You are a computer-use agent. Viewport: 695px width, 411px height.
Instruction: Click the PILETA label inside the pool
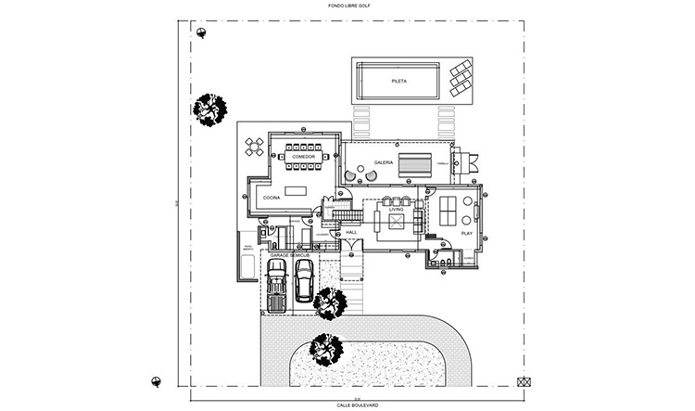coord(399,82)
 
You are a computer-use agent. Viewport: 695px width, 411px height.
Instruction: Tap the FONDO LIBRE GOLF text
coord(347,6)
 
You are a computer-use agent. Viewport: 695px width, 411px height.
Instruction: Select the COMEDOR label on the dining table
coord(304,157)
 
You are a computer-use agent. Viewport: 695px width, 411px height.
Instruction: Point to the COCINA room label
coord(272,198)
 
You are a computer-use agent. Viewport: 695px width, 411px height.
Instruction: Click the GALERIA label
coord(384,162)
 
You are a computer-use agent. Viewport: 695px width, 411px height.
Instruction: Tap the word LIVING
coord(396,210)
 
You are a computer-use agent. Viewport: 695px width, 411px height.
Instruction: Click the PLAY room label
coord(467,234)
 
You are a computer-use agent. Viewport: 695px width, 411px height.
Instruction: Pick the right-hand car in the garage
coord(304,281)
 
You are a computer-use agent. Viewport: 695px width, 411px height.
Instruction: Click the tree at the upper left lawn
coord(209,109)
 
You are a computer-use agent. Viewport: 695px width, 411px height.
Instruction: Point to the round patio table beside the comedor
coord(254,147)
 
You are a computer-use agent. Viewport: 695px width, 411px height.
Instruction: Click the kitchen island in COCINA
coord(295,190)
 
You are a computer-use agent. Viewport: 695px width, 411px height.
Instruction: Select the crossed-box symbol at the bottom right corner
coord(524,381)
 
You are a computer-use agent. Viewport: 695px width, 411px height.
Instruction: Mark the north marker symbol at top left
coord(200,32)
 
